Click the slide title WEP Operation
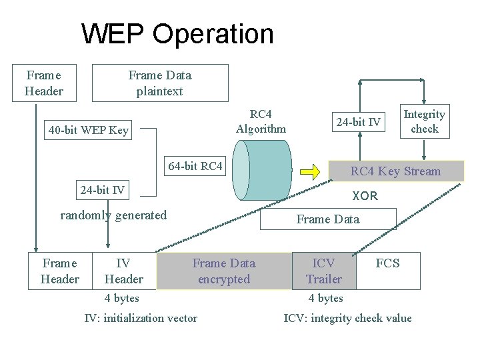177,34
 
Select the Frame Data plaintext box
159,83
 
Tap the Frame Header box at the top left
44,83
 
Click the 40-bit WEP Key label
89,130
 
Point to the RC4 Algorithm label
261,121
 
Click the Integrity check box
424,121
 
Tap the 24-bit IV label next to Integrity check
359,122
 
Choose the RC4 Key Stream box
396,171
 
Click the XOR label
365,196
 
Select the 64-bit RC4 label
195,166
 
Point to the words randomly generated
113,215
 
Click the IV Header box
124,271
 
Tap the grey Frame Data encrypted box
224,271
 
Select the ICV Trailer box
324,271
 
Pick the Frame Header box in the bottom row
59,271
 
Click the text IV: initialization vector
141,318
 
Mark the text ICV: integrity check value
347,318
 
